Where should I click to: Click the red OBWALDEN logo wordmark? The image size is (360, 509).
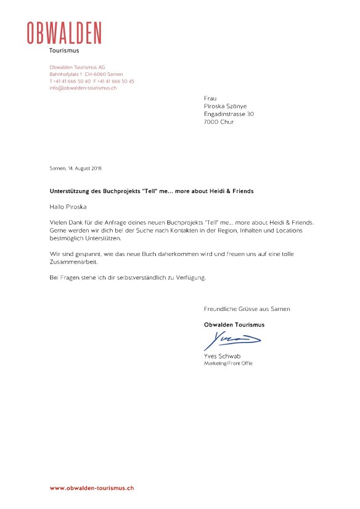pyautogui.click(x=64, y=33)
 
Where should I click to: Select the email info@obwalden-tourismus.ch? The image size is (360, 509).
pyautogui.click(x=83, y=88)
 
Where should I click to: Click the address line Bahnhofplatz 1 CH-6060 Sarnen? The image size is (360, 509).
pyautogui.click(x=86, y=73)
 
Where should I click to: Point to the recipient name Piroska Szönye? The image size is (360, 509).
pyautogui.click(x=225, y=106)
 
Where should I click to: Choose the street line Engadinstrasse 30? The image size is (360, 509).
pyautogui.click(x=228, y=114)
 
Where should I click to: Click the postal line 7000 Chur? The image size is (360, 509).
pyautogui.click(x=218, y=122)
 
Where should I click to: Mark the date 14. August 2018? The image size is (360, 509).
pyautogui.click(x=88, y=168)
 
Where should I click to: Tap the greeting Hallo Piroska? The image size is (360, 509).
pyautogui.click(x=68, y=206)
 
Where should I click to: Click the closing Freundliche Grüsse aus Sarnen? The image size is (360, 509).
pyautogui.click(x=247, y=308)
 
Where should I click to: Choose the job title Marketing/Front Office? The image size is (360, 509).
pyautogui.click(x=228, y=363)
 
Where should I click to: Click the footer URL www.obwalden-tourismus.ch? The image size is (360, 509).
pyautogui.click(x=92, y=488)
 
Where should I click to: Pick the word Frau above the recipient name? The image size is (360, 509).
pyautogui.click(x=210, y=99)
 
